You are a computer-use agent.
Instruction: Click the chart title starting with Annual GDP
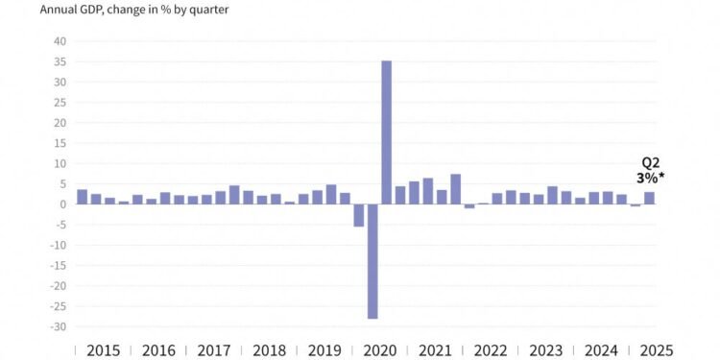[133, 11]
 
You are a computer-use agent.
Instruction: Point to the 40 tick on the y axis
[60, 41]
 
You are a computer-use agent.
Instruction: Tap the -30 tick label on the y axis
[59, 326]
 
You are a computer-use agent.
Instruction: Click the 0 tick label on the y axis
[63, 204]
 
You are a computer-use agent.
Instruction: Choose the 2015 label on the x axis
[103, 350]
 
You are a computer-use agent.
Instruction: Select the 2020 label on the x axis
[379, 350]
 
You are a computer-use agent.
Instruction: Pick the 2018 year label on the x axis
[269, 350]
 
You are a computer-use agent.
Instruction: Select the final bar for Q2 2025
[649, 198]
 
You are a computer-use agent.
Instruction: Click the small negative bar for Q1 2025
[636, 205]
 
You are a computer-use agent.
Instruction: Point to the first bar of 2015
[83, 197]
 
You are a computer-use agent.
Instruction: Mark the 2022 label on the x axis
[490, 350]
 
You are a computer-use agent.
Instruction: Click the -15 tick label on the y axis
[59, 265]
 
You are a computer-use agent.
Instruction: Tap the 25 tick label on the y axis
[60, 103]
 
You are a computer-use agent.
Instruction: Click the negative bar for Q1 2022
[469, 206]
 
